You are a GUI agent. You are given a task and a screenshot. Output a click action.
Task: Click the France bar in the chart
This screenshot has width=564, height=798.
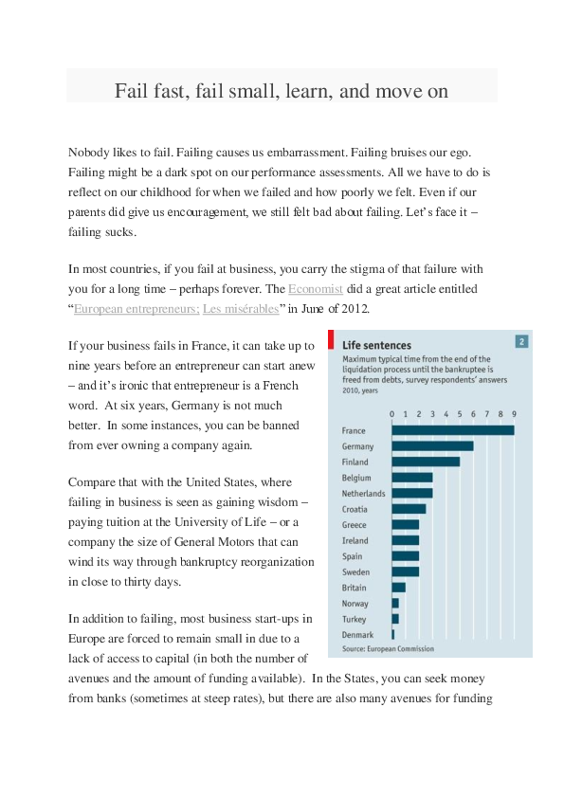pos(453,430)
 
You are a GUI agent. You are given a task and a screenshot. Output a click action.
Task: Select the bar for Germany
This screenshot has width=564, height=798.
pos(432,446)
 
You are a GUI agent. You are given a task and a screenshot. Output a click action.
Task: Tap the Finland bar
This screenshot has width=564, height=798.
pos(426,462)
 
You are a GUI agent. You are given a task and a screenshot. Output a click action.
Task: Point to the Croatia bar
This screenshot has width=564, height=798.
pos(409,509)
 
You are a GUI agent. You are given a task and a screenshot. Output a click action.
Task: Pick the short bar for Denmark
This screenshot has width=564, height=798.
pos(392,634)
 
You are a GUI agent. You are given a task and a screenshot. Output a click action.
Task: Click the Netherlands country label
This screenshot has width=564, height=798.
pos(363,494)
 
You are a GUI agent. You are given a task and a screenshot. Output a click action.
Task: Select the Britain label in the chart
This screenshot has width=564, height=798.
pos(354,588)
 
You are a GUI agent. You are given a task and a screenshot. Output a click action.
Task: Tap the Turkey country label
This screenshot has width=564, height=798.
pos(353,619)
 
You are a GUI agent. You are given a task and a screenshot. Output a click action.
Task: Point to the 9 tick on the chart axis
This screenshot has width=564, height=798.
pos(514,414)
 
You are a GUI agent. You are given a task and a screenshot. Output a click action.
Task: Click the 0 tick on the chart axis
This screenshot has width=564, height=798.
pos(392,414)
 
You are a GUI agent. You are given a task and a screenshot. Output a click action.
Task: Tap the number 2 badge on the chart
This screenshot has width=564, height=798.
pos(520,342)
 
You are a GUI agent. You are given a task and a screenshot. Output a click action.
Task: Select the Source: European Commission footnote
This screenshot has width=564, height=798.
pos(388,649)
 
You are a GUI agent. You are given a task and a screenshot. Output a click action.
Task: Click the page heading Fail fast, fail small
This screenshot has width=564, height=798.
pos(282,91)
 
